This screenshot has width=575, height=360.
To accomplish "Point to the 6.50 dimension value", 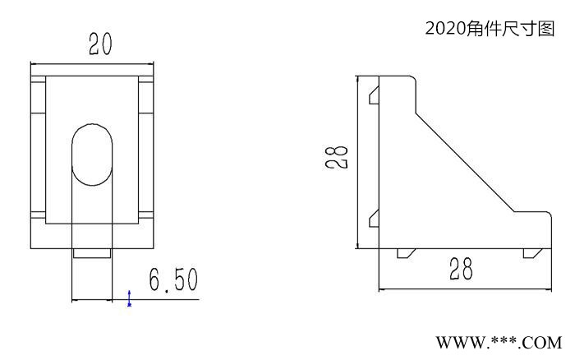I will [172, 280].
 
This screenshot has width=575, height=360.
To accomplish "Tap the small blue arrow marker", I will [129, 298].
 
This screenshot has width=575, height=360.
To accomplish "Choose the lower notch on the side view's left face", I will [373, 218].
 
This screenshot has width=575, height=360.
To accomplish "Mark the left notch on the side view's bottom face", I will [404, 253].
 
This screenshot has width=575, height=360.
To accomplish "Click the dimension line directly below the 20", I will [92, 62].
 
